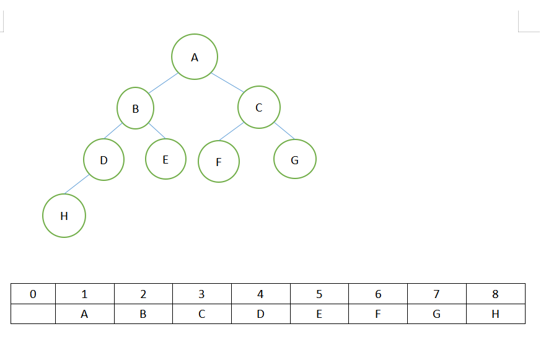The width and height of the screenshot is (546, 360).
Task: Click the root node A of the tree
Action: click(x=195, y=57)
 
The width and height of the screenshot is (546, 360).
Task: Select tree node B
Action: click(x=135, y=108)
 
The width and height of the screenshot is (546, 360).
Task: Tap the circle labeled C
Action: click(x=259, y=107)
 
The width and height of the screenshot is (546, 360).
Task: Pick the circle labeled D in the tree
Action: click(x=103, y=160)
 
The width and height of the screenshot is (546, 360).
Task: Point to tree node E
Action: click(x=165, y=159)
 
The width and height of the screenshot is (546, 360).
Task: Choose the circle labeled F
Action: click(x=219, y=162)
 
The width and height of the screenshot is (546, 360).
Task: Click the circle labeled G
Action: click(x=295, y=159)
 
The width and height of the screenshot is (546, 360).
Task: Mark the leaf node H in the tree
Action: click(x=64, y=216)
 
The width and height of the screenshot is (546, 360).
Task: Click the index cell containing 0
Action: click(x=33, y=294)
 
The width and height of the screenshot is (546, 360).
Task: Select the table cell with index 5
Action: click(x=319, y=294)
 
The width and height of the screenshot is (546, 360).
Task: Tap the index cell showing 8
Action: click(x=495, y=294)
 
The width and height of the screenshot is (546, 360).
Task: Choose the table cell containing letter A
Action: click(x=84, y=314)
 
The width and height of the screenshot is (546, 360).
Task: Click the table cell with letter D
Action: click(x=260, y=314)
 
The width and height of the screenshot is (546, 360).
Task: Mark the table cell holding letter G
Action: click(x=436, y=314)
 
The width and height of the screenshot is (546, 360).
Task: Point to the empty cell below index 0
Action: click(x=33, y=314)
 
